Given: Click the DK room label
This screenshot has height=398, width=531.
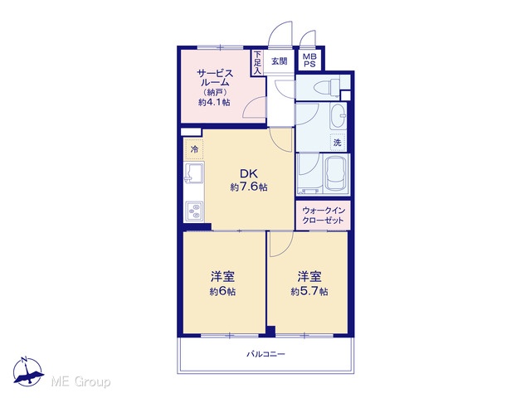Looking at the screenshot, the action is point(249,173).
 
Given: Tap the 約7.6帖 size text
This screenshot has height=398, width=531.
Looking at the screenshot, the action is point(249,187).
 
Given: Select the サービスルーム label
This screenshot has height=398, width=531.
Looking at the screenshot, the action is point(215,78).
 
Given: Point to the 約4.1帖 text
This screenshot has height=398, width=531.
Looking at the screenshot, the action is point(214,102).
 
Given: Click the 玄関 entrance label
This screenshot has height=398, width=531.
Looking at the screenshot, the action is point(280,61).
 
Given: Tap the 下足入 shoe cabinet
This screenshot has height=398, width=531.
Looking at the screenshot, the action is point(258,63).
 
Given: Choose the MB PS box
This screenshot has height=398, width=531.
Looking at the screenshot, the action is point(309,61).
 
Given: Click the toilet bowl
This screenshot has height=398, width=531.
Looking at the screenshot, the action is point(326,87).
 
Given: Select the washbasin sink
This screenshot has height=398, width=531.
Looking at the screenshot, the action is point(338,116).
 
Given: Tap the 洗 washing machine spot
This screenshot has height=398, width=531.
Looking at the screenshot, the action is point(338,143).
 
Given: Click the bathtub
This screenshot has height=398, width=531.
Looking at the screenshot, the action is point(337,174).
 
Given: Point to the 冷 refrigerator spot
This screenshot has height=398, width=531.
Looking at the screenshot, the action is point(194,149).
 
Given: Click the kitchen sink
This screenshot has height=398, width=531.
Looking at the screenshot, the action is point(193,172).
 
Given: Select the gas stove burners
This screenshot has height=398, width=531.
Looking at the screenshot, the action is point(194,211).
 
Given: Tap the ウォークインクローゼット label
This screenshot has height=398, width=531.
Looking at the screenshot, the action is point(323,216).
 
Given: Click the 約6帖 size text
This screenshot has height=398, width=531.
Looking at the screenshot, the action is point(222,291).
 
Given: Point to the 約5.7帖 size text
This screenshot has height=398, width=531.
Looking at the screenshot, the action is point(309,291).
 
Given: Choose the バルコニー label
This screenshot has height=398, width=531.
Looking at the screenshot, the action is point(265,354).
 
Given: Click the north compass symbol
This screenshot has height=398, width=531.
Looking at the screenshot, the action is point(28,372).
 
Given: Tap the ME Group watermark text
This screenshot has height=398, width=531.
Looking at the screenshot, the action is point(80,381).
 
